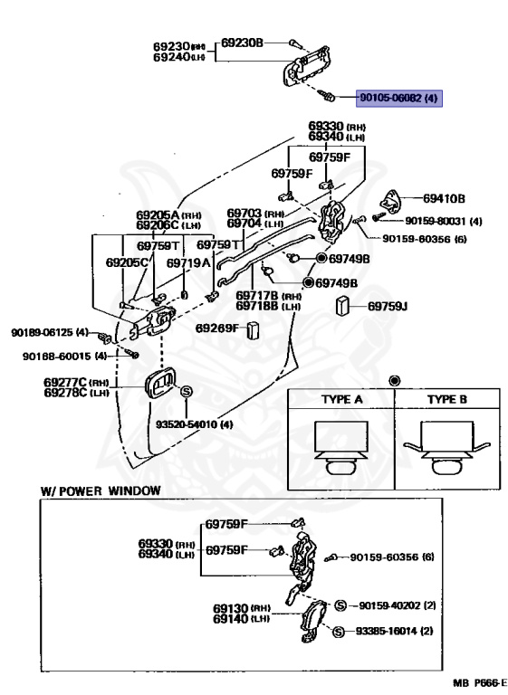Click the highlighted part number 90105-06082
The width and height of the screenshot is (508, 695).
pyautogui.click(x=390, y=98)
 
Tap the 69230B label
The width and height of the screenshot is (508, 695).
pyautogui.click(x=242, y=43)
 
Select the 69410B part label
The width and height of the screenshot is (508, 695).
pyautogui.click(x=444, y=198)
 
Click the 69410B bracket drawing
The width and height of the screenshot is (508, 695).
pyautogui.click(x=390, y=200)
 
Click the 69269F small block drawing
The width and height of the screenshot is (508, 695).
pyautogui.click(x=253, y=330)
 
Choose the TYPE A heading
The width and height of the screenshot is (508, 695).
pyautogui.click(x=342, y=399)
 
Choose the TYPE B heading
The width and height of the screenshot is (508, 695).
pyautogui.click(x=447, y=399)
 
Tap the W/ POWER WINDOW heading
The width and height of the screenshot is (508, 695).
pyautogui.click(x=101, y=490)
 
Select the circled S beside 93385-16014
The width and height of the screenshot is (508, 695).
pyautogui.click(x=338, y=632)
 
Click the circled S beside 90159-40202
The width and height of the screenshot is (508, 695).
pyautogui.click(x=340, y=605)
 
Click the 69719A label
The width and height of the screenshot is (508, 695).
pyautogui.click(x=188, y=262)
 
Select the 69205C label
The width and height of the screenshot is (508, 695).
pyautogui.click(x=127, y=262)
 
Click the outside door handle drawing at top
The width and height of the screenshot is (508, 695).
pyautogui.click(x=306, y=65)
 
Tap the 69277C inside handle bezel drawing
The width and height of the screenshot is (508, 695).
pyautogui.click(x=160, y=381)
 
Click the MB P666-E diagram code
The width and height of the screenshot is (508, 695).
pyautogui.click(x=479, y=683)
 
